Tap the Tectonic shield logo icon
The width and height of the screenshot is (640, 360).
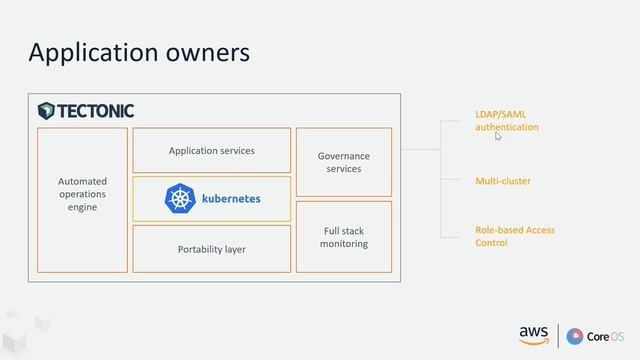click(46, 110)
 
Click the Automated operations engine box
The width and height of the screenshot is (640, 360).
click(82, 200)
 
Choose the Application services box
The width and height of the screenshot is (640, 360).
click(211, 150)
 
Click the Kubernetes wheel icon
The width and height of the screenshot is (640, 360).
click(179, 198)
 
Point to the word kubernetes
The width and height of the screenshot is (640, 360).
click(231, 198)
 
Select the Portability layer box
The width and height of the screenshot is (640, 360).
click(211, 249)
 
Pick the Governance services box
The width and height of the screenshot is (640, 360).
click(343, 162)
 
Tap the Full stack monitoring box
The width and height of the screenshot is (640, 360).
click(343, 236)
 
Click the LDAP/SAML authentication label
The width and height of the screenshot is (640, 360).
click(506, 121)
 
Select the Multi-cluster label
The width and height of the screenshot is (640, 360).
click(503, 181)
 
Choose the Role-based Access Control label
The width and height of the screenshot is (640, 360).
click(514, 236)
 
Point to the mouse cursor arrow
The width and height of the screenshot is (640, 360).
click(498, 136)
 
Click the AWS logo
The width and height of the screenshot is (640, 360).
click(533, 334)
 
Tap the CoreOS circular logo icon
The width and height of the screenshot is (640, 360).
click(575, 335)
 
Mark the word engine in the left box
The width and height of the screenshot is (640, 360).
click(82, 207)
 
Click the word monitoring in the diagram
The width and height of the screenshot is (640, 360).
click(343, 243)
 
